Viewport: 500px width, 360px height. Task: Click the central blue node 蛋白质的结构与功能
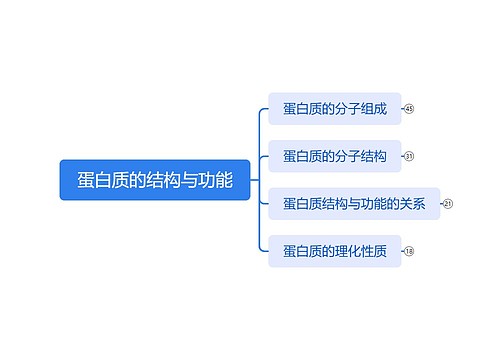tap(154, 180)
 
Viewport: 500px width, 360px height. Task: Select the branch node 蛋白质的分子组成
tap(334, 108)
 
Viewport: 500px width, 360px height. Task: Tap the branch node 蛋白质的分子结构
tap(334, 156)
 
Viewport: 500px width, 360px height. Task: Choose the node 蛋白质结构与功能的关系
tap(354, 204)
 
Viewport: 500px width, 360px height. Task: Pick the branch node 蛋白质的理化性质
tap(334, 251)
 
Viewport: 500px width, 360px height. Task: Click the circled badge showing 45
tap(409, 108)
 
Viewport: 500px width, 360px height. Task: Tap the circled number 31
tap(409, 156)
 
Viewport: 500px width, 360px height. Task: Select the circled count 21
tap(448, 204)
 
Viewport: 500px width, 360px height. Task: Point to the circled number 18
tap(409, 251)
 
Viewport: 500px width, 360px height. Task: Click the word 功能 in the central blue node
tap(216, 180)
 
